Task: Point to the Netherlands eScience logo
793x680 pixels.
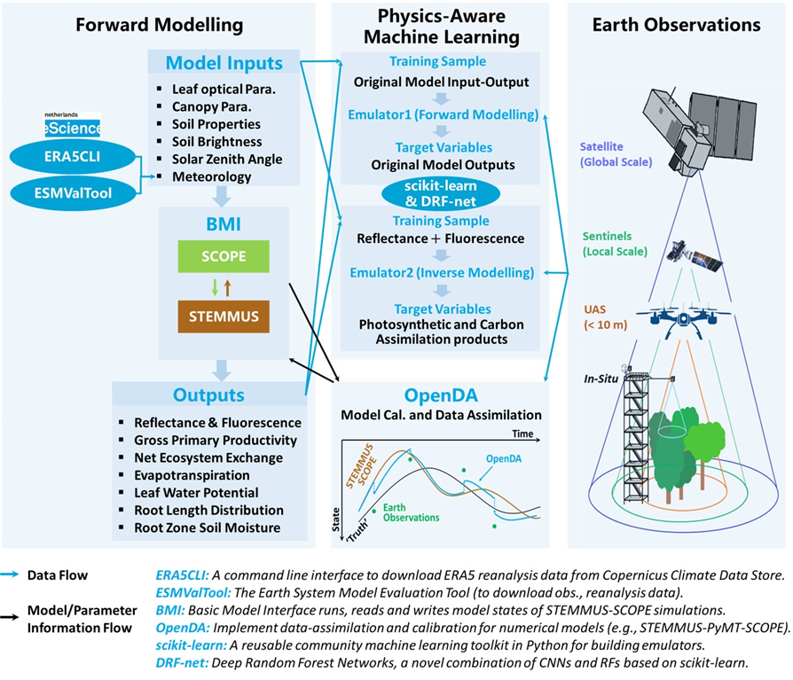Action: click(x=73, y=125)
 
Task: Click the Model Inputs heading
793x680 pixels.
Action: click(x=224, y=64)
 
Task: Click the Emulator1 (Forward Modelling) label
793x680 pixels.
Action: click(x=440, y=113)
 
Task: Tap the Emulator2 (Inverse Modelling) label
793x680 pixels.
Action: click(x=440, y=271)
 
